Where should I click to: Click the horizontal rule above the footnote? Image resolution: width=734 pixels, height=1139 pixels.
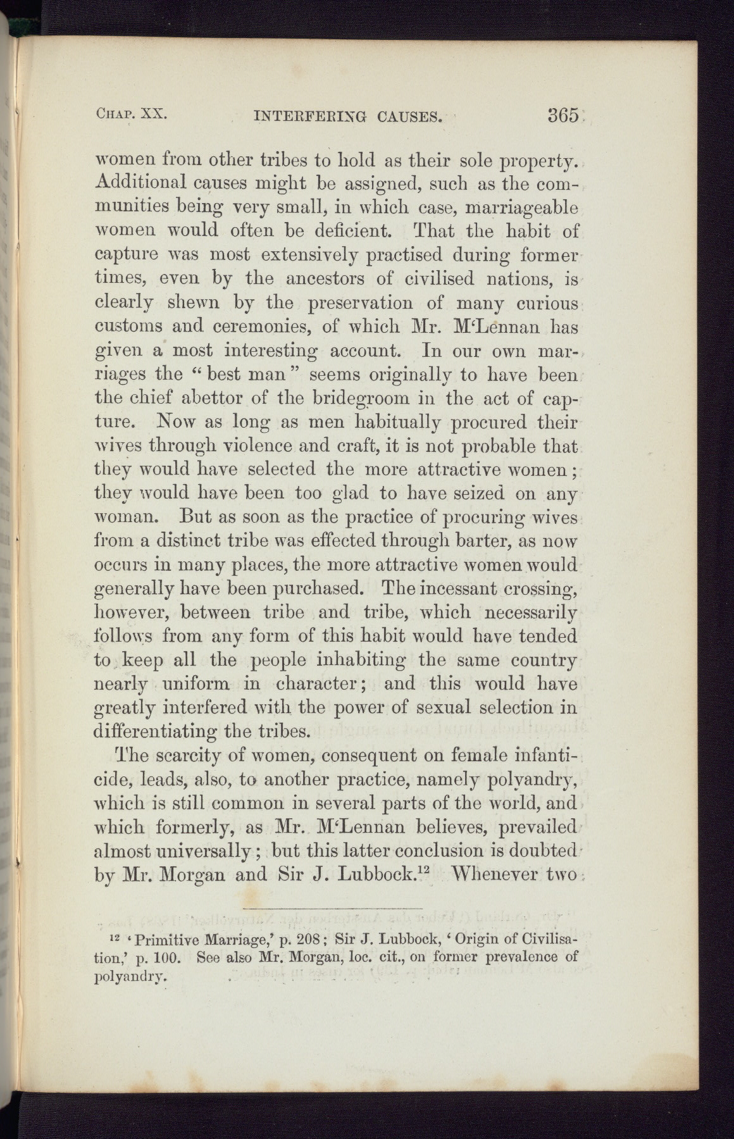pyautogui.click(x=336, y=909)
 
